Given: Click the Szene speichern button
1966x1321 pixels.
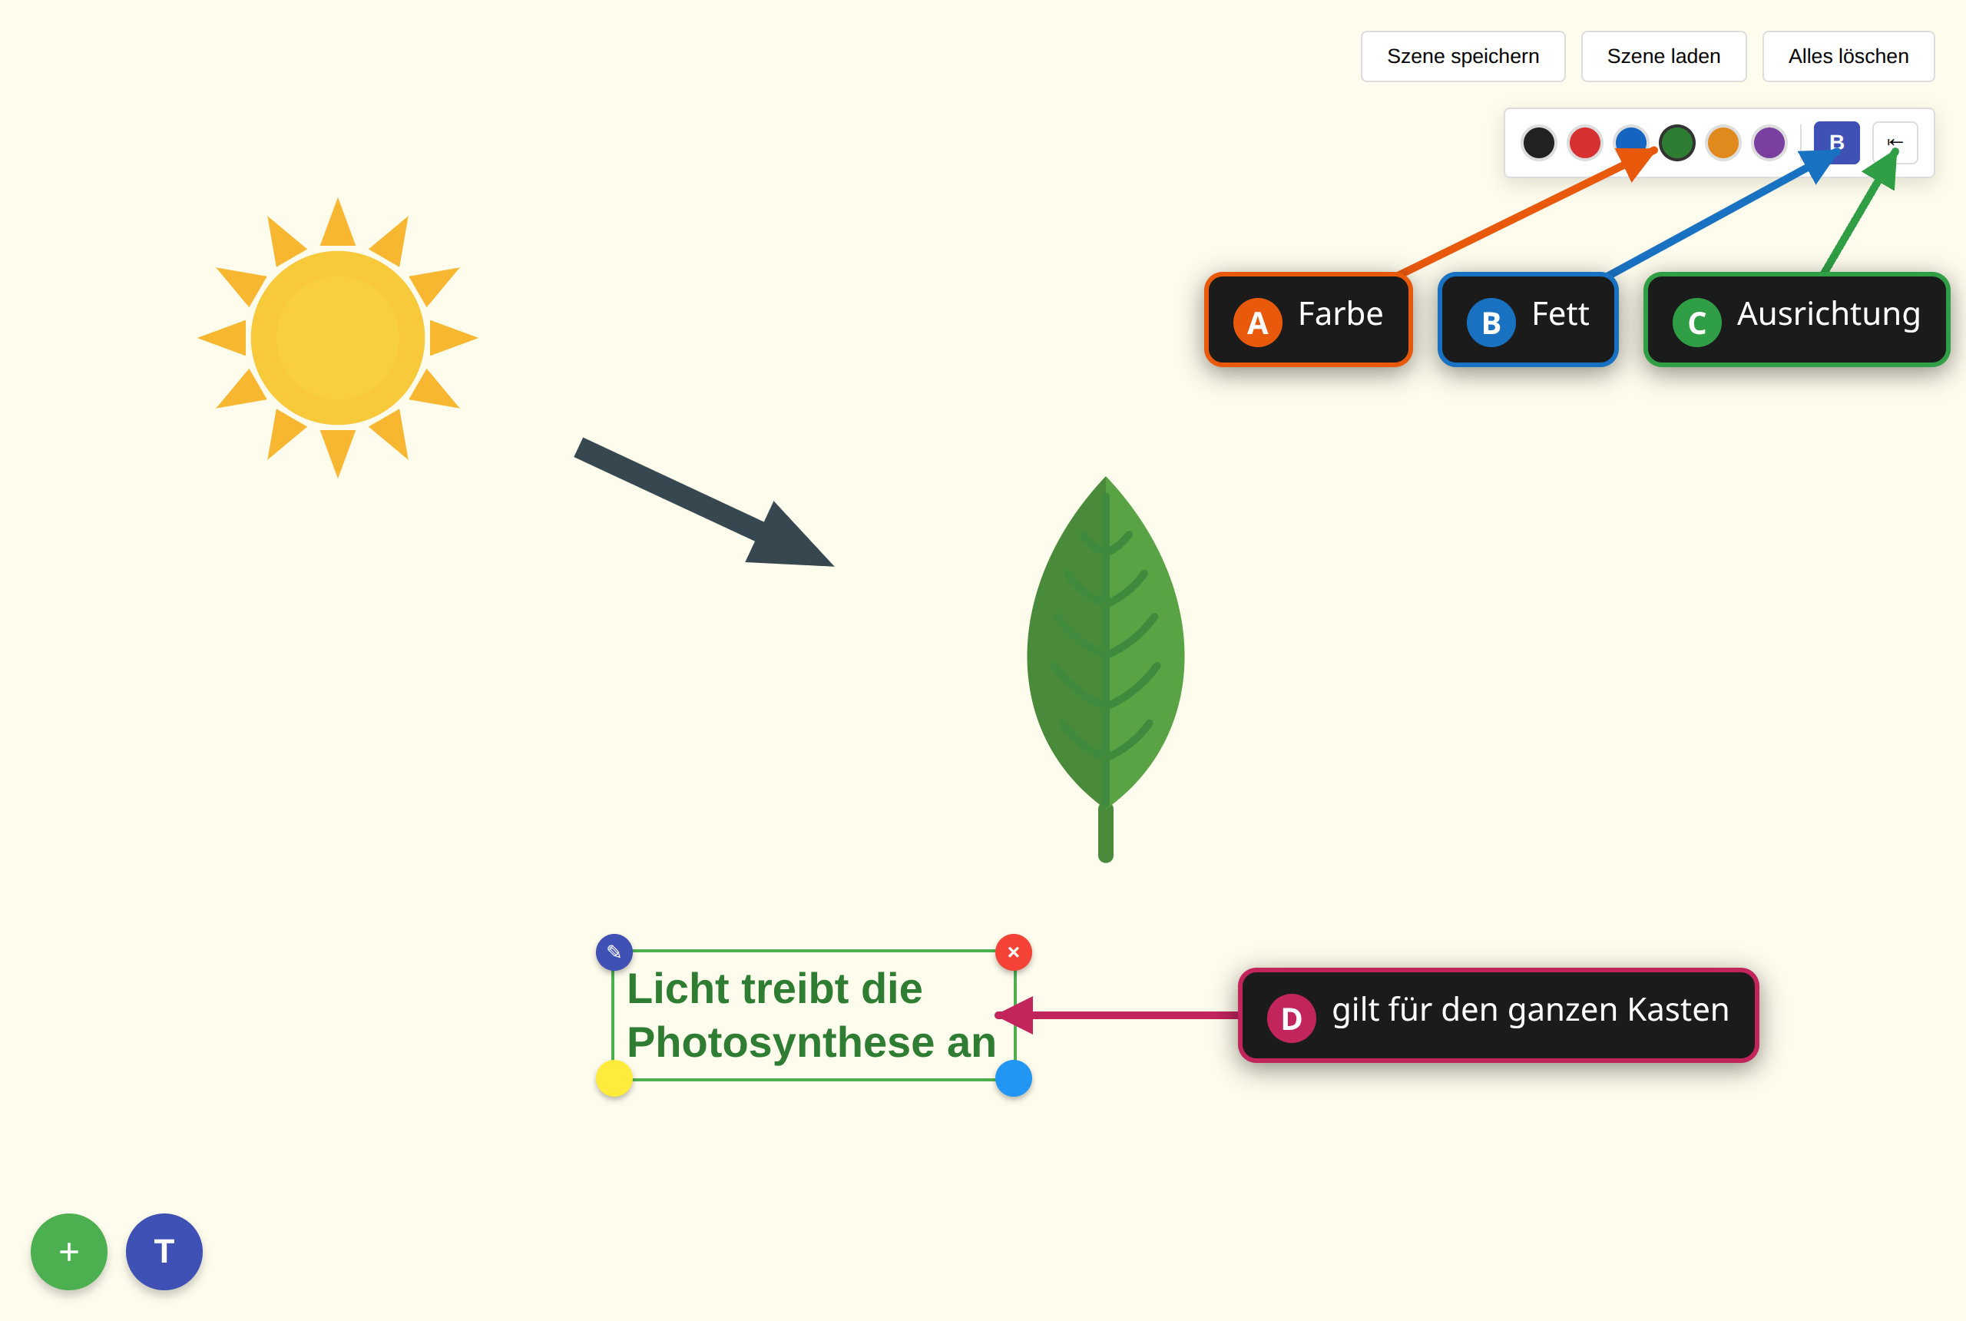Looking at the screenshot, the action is [1462, 56].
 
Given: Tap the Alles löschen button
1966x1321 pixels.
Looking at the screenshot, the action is [1848, 56].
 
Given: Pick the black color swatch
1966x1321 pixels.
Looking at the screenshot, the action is [1538, 142].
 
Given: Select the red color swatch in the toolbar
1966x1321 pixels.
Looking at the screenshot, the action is [1584, 142].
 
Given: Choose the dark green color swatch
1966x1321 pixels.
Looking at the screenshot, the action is [1676, 142].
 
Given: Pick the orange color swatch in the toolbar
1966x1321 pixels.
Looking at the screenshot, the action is [1723, 142].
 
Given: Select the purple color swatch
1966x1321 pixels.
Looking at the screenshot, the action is [1769, 142].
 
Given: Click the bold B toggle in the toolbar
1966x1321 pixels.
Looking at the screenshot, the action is [1836, 142].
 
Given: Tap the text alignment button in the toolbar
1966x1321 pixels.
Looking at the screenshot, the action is [1895, 142].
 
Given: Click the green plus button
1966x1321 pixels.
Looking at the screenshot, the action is [69, 1251].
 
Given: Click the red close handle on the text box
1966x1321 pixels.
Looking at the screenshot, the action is [1013, 952].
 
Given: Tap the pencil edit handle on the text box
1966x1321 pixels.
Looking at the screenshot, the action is [614, 952].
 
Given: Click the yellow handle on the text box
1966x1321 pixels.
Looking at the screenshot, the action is [614, 1078].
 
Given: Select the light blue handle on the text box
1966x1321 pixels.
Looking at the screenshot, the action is [1013, 1078].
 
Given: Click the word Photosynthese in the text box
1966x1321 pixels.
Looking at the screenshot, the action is [781, 1044].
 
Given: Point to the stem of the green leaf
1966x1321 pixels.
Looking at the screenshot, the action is [1106, 833].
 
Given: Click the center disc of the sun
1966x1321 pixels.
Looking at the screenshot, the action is [338, 338].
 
